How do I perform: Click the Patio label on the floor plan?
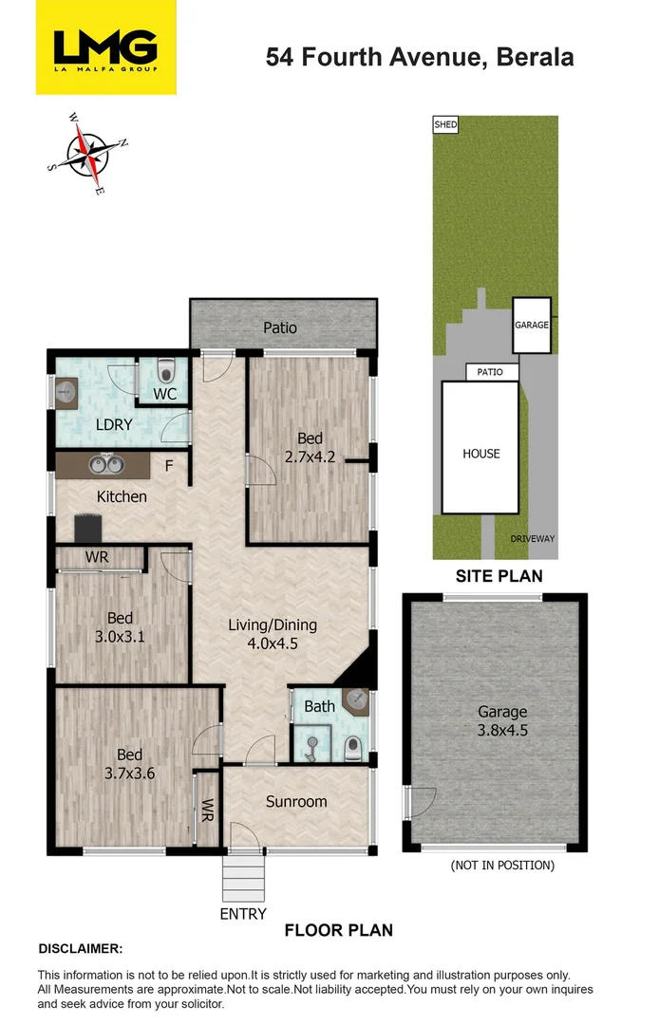point(280,327)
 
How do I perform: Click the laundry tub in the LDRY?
point(66,390)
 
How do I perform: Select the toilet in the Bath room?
point(352,748)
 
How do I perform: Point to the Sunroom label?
point(296,801)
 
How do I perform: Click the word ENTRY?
point(242,913)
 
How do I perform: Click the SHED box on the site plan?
point(444,124)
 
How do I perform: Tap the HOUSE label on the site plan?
point(481,454)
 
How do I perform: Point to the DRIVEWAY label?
point(532,538)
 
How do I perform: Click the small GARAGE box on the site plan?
point(532,325)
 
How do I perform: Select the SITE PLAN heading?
point(499,575)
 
